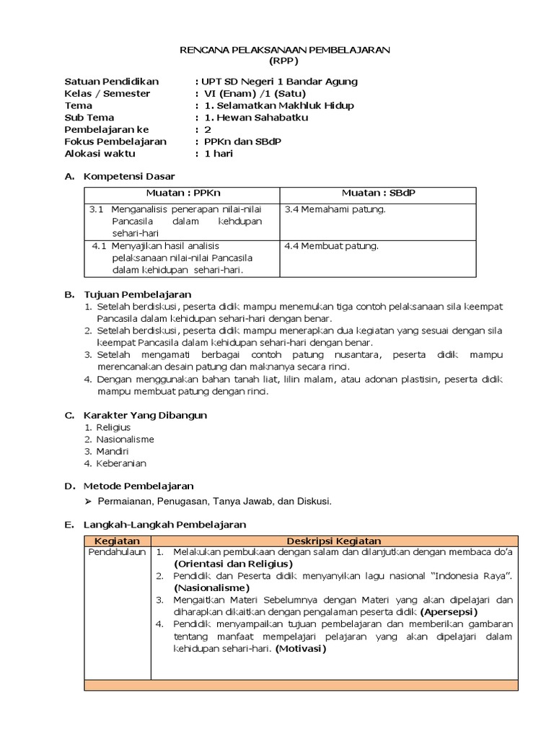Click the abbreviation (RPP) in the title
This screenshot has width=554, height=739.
click(x=284, y=61)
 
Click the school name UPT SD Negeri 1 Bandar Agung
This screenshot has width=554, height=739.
click(x=280, y=81)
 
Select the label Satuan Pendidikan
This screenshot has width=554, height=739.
click(x=111, y=81)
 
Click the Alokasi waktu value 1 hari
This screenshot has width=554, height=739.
click(x=219, y=154)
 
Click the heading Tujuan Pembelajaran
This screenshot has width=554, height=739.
click(x=137, y=294)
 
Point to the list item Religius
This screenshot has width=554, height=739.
click(x=113, y=427)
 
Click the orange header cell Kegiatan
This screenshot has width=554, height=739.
click(x=117, y=541)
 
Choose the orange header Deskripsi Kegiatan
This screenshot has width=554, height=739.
click(x=333, y=541)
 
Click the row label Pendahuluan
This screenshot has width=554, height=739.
click(x=117, y=552)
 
